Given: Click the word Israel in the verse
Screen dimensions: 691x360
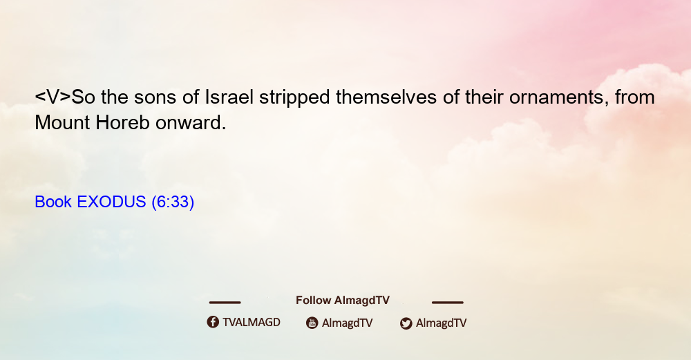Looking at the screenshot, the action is [x=229, y=97].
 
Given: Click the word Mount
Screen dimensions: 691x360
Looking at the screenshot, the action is [x=63, y=122].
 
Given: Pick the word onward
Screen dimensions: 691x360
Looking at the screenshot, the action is [x=191, y=122].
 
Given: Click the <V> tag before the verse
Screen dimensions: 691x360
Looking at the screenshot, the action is [x=53, y=97].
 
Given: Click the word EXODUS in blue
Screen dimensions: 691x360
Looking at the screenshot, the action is [x=111, y=202].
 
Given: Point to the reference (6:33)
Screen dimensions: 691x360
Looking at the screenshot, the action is [x=173, y=202].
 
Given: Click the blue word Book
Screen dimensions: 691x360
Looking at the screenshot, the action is [x=53, y=202].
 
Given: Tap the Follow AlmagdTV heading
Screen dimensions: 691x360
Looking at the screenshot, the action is [x=343, y=300].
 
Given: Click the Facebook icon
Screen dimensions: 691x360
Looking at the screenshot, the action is [x=213, y=322].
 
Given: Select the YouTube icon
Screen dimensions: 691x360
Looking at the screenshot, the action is [x=312, y=323].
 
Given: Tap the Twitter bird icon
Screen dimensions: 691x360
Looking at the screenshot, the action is [x=406, y=323].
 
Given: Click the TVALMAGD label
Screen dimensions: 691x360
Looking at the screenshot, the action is [x=252, y=322].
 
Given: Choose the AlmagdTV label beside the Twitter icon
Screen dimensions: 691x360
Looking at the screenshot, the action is [x=441, y=323].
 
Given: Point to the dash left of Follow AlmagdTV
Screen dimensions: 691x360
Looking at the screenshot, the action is [x=225, y=303].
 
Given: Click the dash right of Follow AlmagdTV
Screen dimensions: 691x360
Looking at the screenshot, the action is [x=448, y=303].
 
